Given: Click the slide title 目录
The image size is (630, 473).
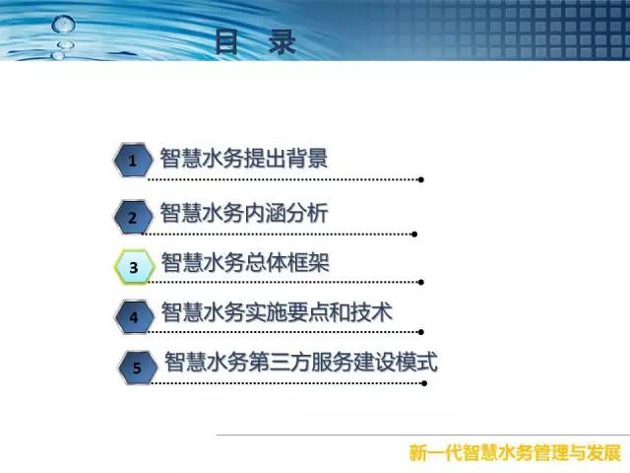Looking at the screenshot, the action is pos(256,41).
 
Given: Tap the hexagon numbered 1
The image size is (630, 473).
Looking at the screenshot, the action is pos(133,160).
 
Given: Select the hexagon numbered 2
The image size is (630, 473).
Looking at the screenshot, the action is pos(133,217).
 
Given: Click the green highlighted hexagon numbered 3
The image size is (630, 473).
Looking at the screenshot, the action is pos(134,267).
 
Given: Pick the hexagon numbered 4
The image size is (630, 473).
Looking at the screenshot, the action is pos(135,317).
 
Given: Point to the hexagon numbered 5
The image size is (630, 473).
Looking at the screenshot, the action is pos(138,368).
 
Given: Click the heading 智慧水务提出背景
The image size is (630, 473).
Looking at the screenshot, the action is pos(244,158).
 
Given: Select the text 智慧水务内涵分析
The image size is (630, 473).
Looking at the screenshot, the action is pos(244,213).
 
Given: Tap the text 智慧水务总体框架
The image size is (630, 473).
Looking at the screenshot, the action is pos(245,262).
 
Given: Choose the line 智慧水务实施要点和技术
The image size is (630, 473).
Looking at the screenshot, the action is pos(277,312).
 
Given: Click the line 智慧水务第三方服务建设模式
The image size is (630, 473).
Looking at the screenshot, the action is pos(301,362).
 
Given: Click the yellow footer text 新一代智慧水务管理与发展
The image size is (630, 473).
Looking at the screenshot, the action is pos(515,452).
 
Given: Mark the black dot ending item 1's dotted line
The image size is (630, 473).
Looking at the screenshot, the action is pos(421,179).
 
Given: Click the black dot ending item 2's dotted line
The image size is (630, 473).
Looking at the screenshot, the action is pos(414,235).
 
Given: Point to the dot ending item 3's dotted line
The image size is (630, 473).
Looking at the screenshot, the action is pos(421,282).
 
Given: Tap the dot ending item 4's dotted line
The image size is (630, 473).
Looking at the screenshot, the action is pos(421,332).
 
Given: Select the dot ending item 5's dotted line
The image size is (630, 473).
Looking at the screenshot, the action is pos(424,383).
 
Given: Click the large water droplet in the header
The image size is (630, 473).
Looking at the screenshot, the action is pos(63,24).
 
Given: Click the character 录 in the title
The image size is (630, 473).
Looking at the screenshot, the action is pos(283,41).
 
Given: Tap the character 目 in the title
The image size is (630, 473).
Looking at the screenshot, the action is pos(226,41).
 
